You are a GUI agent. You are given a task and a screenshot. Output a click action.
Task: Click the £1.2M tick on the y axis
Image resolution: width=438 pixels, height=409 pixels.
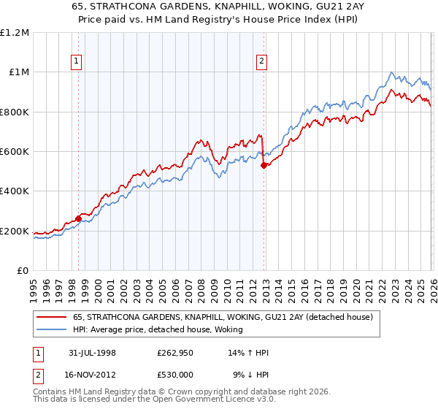[15, 33]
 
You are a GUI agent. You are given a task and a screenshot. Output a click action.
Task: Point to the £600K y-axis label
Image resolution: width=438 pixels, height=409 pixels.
[15, 152]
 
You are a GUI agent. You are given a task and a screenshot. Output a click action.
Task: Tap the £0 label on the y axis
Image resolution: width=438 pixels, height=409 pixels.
[23, 271]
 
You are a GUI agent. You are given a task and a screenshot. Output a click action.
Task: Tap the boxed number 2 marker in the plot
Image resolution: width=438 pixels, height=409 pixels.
[262, 62]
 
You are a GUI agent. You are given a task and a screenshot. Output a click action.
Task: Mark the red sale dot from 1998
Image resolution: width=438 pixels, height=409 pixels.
[79, 218]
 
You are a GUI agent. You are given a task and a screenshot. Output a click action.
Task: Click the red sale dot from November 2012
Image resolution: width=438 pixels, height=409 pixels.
[263, 166]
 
